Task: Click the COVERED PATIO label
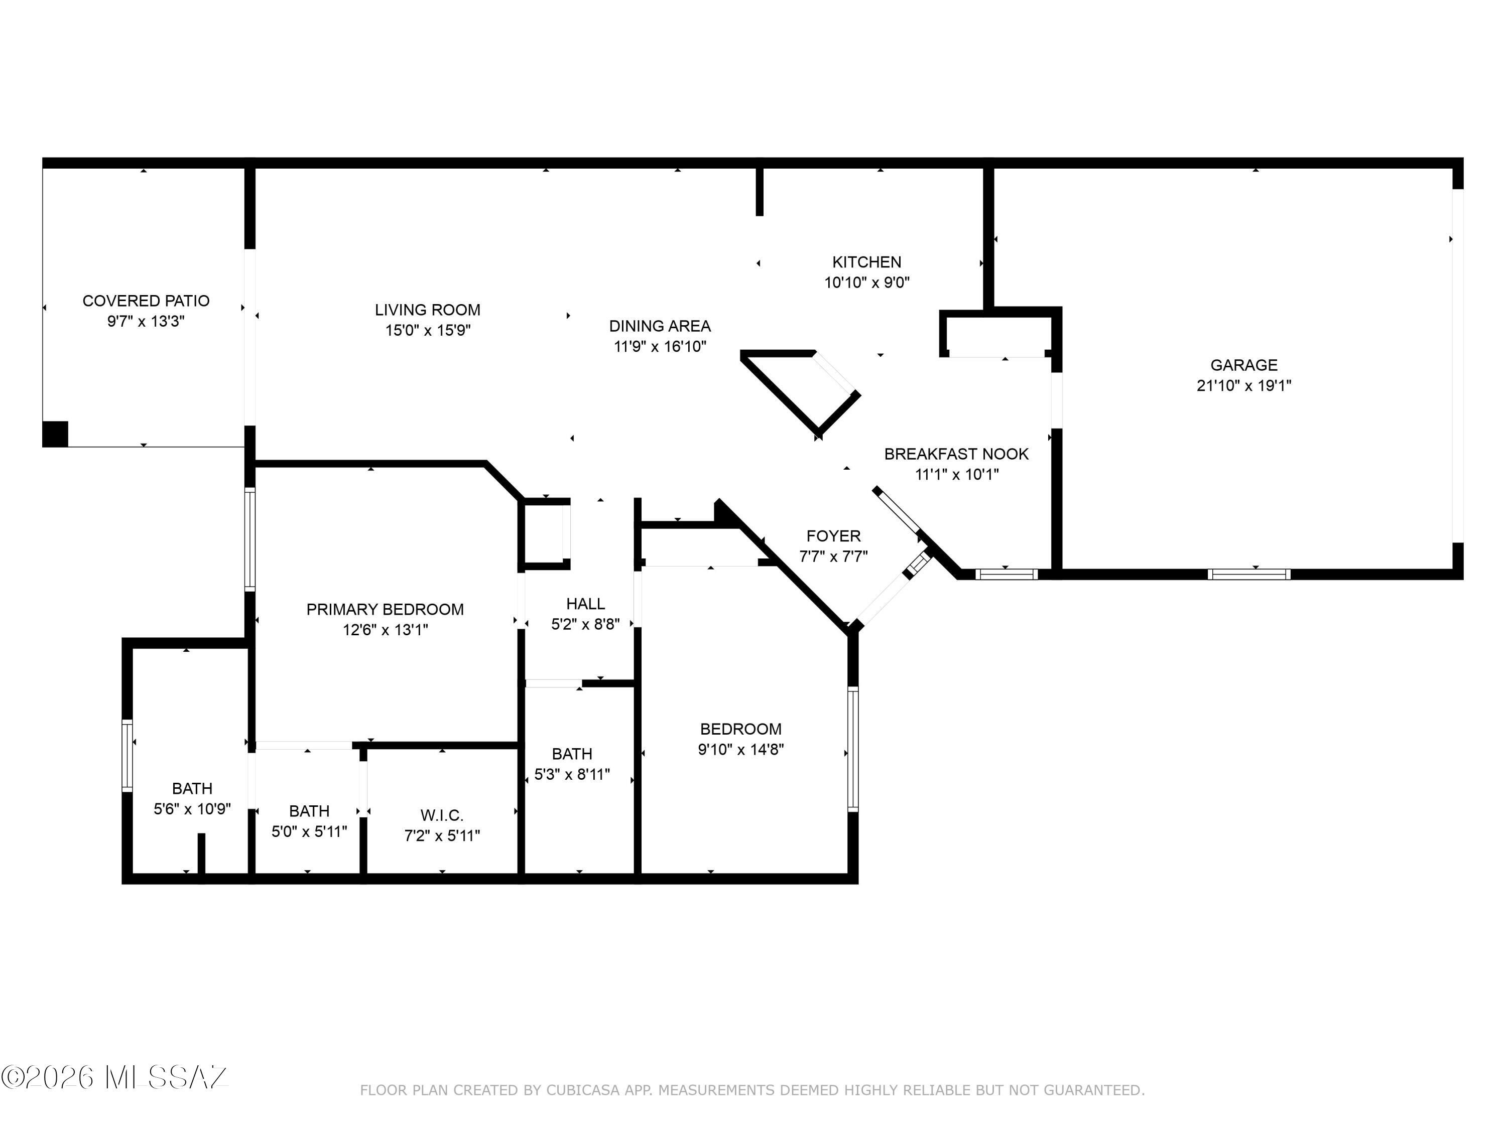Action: (x=146, y=301)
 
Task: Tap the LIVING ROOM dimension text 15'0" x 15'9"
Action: (x=428, y=330)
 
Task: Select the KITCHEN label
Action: (x=866, y=262)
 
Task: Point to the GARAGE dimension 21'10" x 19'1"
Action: (x=1244, y=385)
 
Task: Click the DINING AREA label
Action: (x=660, y=326)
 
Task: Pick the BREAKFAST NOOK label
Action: (x=957, y=454)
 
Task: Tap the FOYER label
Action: (x=833, y=536)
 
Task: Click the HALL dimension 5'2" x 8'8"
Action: (x=585, y=624)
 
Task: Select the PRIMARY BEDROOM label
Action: (x=386, y=609)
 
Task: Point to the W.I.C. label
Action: (x=442, y=815)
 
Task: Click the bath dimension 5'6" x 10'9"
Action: (x=192, y=808)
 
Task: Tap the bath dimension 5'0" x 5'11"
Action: (x=309, y=831)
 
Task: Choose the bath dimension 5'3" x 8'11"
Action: (x=572, y=774)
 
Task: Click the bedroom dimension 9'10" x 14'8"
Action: (x=741, y=749)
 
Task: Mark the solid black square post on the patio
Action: (x=55, y=434)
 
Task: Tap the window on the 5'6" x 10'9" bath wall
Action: (x=128, y=755)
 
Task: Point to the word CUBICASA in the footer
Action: (x=583, y=1090)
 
